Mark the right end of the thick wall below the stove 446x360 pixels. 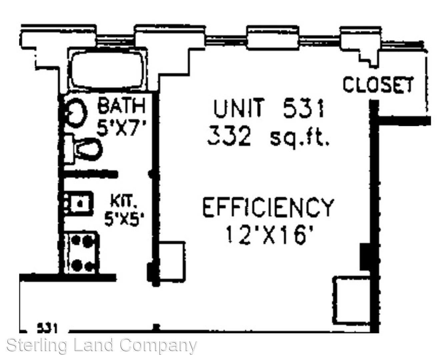116,277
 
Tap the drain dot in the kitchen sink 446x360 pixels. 80,203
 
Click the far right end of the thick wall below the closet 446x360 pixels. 431,121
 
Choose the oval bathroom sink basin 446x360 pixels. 76,113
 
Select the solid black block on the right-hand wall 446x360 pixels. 366,257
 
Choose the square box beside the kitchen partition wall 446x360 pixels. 172,261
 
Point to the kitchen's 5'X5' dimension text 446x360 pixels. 124,219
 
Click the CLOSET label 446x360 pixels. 378,84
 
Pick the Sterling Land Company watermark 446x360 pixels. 102,345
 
